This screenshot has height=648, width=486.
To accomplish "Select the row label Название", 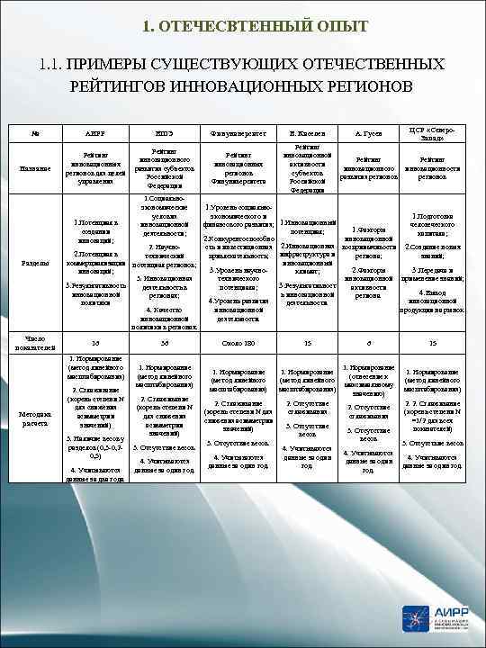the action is (34, 167).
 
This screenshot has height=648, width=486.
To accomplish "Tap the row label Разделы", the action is (34, 263).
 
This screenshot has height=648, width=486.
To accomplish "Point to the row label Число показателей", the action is (34, 342).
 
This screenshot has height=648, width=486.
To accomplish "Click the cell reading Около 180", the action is (238, 342).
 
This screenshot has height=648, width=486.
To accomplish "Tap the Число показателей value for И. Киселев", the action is (308, 342).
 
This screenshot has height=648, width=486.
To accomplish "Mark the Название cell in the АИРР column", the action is (90, 167).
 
